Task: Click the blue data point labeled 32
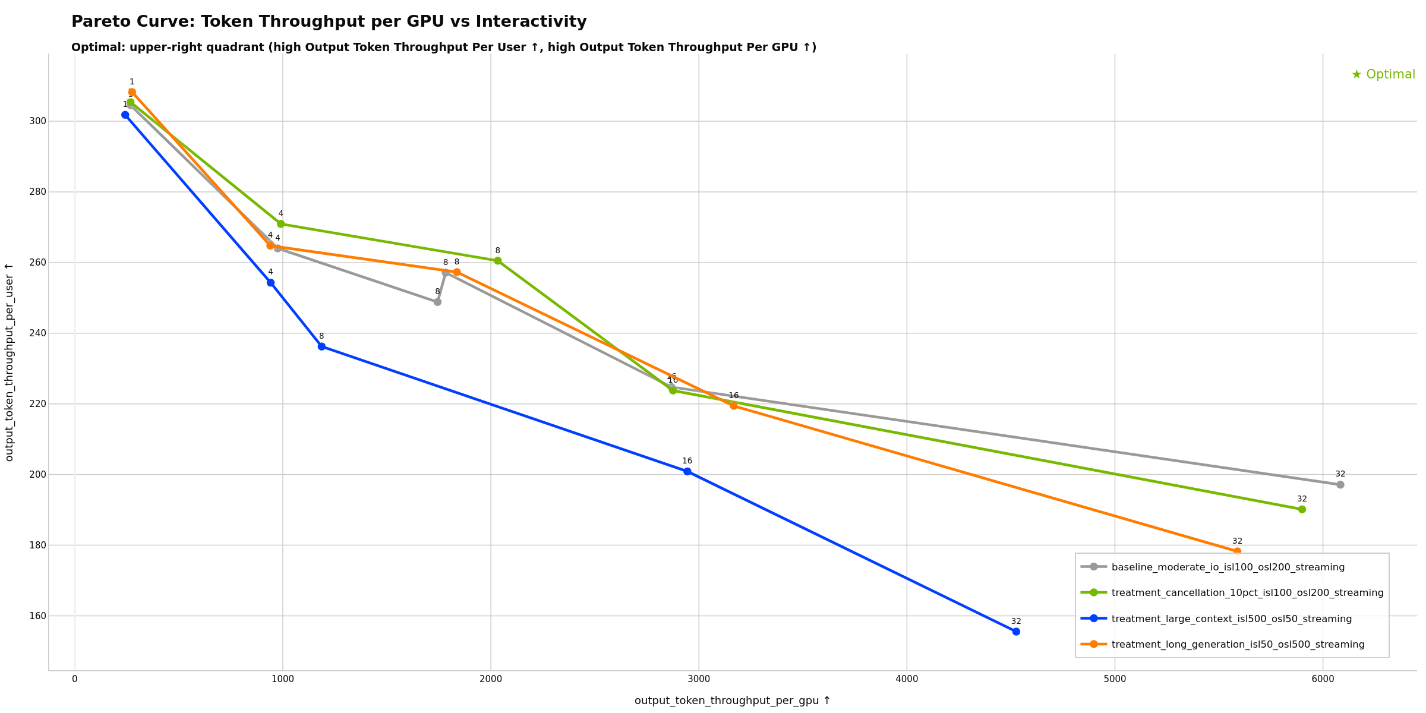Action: click(x=1016, y=632)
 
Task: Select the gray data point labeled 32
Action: click(x=1340, y=485)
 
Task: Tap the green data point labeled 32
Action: click(x=1302, y=509)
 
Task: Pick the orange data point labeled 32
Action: click(x=1237, y=551)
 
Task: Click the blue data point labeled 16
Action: click(x=687, y=471)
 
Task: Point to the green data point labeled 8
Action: click(x=498, y=261)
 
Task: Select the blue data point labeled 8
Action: click(x=321, y=346)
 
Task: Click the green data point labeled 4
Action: click(x=281, y=224)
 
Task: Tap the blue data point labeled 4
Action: click(x=270, y=283)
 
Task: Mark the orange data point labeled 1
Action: click(x=132, y=92)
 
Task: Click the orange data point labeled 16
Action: click(x=734, y=406)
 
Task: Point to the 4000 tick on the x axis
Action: click(x=907, y=679)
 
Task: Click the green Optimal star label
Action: click(x=1383, y=74)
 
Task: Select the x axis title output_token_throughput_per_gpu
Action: click(x=732, y=701)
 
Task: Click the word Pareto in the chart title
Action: click(x=97, y=22)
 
